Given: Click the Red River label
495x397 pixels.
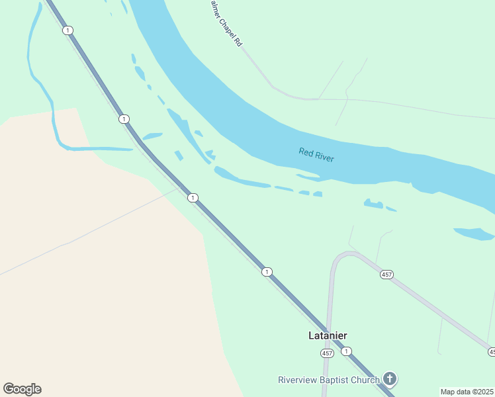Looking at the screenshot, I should pos(316,155).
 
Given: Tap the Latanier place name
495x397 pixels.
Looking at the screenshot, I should pos(328,335).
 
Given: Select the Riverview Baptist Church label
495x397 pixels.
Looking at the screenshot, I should pos(329,380).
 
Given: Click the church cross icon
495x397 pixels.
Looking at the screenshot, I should pos(390,379).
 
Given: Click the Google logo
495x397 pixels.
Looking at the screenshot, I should pos(22,389).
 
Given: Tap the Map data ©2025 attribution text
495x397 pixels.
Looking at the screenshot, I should pos(467,392).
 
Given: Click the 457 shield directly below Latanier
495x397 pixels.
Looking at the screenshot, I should pos(327,353).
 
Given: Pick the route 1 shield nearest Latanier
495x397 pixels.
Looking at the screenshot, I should pos(346,351).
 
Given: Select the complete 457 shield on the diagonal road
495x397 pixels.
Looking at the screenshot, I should pos(387,275).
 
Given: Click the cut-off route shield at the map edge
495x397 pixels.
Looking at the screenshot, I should pos(492,351).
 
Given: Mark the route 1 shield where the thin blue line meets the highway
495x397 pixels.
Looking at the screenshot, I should pos(192,198).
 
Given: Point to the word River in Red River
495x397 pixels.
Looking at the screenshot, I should pos(324,157).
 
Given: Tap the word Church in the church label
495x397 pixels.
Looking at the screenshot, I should pos(365,380).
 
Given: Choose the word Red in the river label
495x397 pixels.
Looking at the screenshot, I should pos(305,152).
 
